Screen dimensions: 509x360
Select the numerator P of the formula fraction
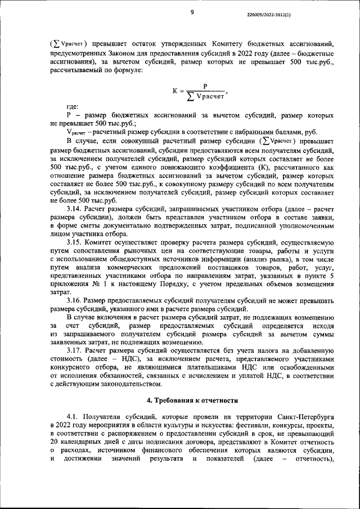tap(206, 85)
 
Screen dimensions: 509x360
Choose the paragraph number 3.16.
tap(75, 300)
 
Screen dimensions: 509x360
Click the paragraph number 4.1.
tap(73, 417)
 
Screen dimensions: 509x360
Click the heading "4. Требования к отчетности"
tap(191, 400)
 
